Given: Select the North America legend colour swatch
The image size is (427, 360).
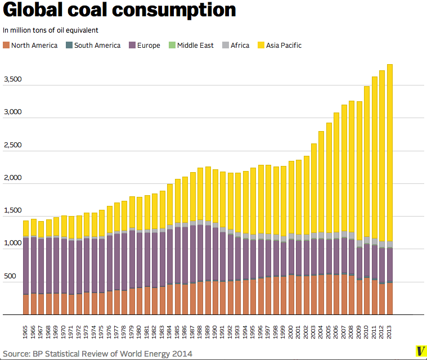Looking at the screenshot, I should point(6,45).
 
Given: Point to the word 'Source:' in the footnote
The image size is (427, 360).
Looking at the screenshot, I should point(17,353).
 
